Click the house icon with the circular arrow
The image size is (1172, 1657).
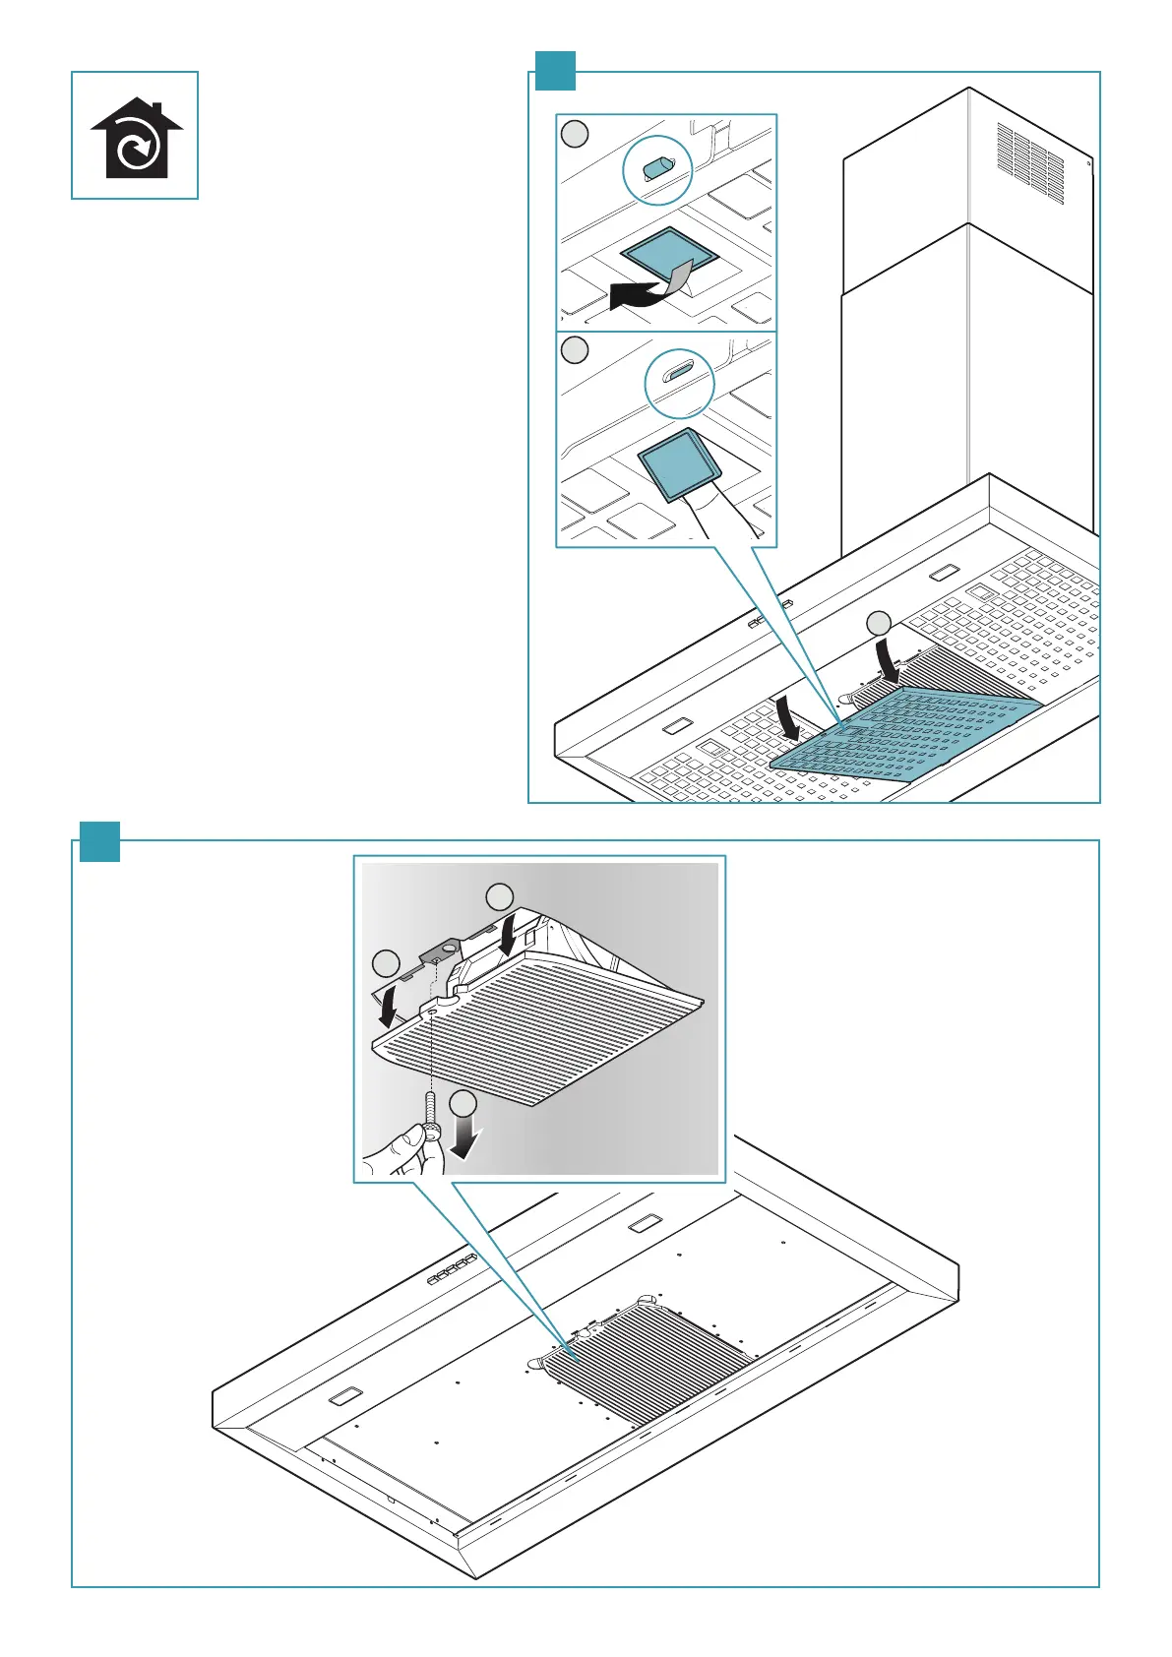(136, 139)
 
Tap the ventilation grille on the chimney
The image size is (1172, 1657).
(1030, 162)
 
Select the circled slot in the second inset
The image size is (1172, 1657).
(678, 375)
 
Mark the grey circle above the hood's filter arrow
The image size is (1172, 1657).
(878, 623)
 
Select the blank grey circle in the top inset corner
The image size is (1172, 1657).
(575, 135)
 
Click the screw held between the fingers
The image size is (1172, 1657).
(430, 1113)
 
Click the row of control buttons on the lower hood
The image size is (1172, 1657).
(451, 1270)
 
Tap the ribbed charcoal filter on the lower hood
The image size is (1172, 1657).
(645, 1362)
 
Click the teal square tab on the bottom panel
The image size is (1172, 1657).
(98, 842)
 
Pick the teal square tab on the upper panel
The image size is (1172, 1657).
(555, 71)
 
